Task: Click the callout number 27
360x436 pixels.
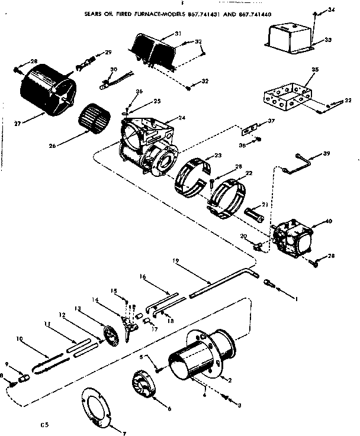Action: click(x=18, y=124)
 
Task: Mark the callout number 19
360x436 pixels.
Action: click(x=176, y=260)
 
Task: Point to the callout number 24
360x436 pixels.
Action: click(x=181, y=118)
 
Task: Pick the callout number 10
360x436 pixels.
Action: click(x=20, y=339)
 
